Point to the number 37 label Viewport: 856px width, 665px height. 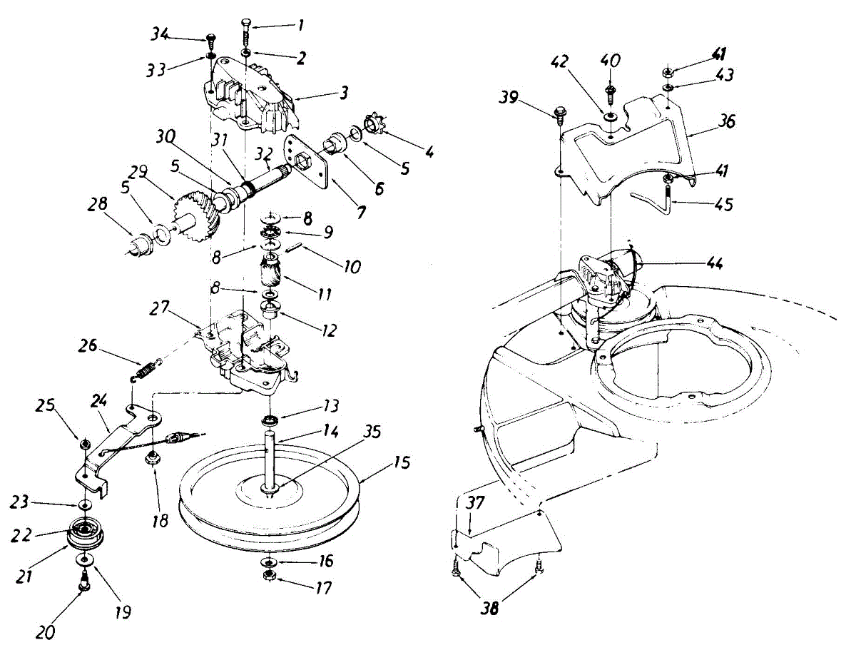(x=476, y=502)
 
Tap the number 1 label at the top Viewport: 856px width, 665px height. (x=300, y=25)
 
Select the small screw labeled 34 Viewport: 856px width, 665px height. (x=211, y=39)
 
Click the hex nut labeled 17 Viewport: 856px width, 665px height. (x=271, y=576)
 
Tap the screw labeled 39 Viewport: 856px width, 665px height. (x=559, y=113)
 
